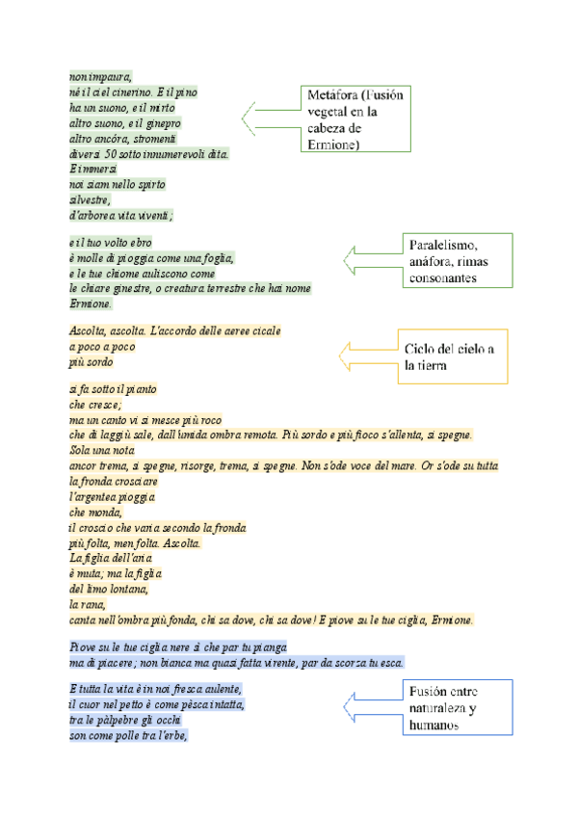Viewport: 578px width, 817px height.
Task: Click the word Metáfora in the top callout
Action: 331,95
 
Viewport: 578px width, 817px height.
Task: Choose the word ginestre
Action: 130,288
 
